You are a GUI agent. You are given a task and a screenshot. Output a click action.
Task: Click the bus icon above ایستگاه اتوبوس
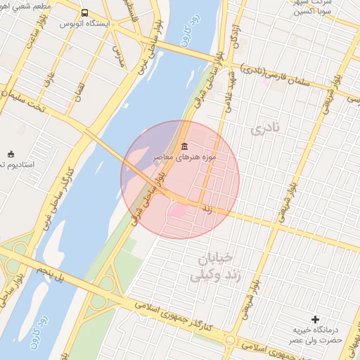85,13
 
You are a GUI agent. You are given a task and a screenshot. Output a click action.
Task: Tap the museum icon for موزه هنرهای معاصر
184,146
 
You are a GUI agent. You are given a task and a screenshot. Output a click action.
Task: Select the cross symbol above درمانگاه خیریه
315,320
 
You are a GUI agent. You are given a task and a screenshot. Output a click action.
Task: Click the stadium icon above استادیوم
10,154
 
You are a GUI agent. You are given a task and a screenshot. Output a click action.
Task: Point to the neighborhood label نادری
264,129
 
